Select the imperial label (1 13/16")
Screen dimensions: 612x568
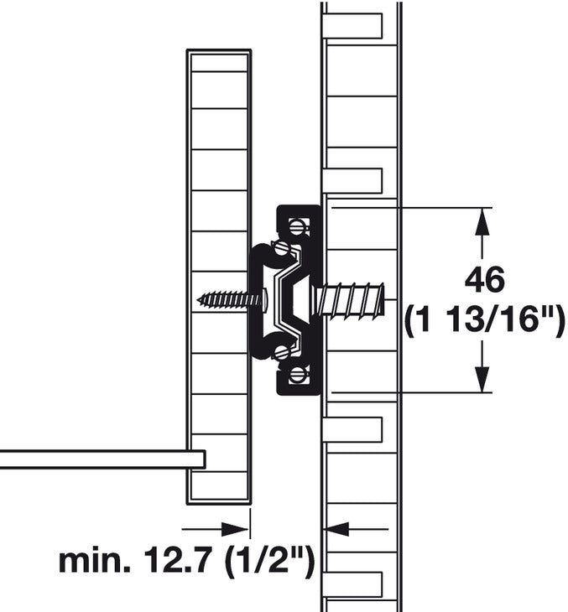click(485, 322)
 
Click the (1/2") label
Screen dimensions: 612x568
click(270, 561)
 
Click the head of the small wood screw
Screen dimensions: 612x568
click(263, 298)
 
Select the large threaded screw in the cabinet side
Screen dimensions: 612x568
click(352, 299)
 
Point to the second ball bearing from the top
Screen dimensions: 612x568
click(282, 248)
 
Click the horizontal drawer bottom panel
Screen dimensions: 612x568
click(101, 459)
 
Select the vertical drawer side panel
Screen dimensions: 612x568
click(219, 277)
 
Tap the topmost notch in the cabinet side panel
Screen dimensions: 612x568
click(352, 26)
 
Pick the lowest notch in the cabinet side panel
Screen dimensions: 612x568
click(352, 583)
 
